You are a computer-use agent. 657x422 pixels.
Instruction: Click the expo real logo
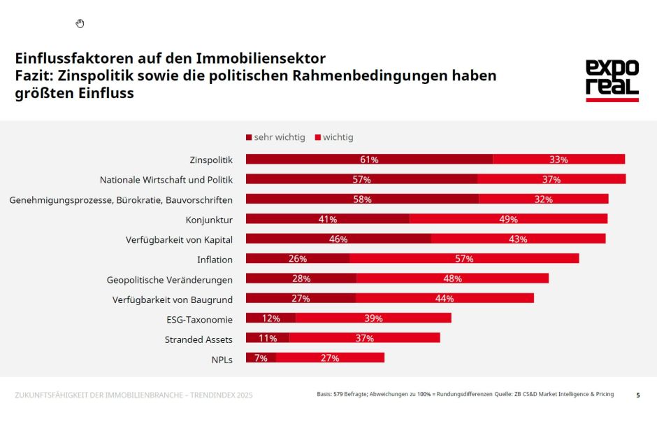pos(612,80)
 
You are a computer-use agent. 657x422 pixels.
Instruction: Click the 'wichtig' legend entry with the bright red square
pos(334,137)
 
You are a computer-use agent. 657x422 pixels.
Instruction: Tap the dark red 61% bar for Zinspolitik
pos(369,160)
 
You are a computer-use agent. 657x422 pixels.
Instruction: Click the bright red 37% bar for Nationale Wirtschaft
pos(551,179)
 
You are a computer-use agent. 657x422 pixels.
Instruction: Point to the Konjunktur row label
pos(209,220)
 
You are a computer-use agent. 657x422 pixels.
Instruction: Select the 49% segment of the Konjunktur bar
pos(508,219)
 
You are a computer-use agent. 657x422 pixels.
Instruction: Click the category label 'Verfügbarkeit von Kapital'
pos(179,239)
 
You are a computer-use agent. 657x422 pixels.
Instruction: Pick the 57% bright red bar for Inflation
pos(464,259)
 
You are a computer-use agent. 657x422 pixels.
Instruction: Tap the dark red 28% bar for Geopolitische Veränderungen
pos(301,279)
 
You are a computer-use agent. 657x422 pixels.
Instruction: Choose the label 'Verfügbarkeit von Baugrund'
pos(173,299)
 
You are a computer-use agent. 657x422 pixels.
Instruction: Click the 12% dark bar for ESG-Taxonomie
pos(270,318)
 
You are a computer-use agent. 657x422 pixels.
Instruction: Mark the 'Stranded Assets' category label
pos(198,339)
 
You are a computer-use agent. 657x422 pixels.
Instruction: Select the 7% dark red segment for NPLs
pos(261,358)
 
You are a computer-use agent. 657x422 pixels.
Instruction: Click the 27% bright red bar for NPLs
pos(330,358)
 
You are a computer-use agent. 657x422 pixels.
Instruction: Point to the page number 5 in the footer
pos(637,395)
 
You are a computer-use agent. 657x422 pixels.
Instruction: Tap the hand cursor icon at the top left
pos(80,24)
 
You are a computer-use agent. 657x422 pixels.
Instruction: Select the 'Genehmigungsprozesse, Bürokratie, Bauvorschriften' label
pos(121,199)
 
